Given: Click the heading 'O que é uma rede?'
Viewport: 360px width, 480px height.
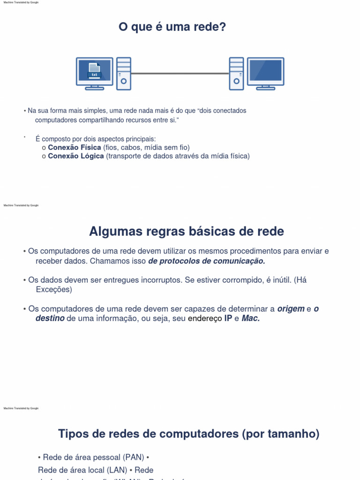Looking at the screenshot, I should click(x=172, y=28).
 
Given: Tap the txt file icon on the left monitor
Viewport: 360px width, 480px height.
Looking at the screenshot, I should click(x=94, y=71).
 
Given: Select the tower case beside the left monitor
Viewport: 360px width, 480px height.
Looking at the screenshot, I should click(x=124, y=74).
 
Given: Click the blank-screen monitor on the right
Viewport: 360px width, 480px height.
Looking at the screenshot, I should click(x=265, y=72).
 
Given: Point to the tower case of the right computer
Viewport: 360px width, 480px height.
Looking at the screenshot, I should click(x=236, y=74).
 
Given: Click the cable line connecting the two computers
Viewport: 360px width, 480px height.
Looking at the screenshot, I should click(x=180, y=74).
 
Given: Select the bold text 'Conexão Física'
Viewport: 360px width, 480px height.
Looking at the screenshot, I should click(x=75, y=147).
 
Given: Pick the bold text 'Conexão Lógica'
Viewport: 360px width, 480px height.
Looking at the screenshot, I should click(x=76, y=156).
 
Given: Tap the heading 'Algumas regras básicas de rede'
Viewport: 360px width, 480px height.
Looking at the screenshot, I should click(x=186, y=232).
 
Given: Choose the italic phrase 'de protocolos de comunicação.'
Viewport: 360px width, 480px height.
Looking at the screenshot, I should click(x=207, y=261).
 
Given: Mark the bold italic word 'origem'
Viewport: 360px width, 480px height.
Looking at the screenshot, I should click(x=291, y=309).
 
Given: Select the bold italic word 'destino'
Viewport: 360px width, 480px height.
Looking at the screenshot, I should click(x=50, y=319).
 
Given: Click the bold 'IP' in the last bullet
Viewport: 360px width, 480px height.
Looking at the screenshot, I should click(x=228, y=319).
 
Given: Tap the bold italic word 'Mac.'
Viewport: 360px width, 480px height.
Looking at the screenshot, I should click(x=250, y=319).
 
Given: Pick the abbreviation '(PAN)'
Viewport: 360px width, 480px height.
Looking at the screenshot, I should click(x=134, y=457).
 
